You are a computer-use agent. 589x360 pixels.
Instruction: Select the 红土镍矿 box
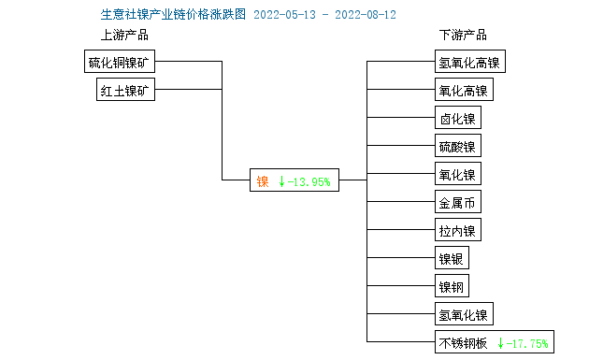[128, 91]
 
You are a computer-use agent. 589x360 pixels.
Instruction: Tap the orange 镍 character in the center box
[263, 181]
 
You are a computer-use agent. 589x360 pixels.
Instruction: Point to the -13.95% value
[309, 181]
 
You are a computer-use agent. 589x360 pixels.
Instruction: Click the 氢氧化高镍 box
[468, 63]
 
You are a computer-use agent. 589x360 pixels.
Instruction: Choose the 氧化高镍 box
[463, 91]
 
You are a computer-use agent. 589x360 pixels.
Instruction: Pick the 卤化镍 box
[457, 119]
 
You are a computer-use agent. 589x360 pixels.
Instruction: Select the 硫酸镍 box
[457, 147]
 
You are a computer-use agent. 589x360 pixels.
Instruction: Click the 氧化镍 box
[457, 175]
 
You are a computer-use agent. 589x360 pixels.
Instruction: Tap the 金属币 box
[457, 203]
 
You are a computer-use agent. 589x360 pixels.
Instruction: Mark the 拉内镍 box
[457, 231]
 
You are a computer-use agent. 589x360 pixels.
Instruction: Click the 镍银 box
[452, 259]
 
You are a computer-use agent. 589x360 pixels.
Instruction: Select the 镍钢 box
[452, 287]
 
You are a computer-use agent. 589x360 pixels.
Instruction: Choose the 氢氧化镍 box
[463, 315]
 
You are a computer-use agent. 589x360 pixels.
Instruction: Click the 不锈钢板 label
[463, 343]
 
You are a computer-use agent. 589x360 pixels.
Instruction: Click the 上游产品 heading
[124, 36]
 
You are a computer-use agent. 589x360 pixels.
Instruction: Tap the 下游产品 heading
[463, 36]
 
